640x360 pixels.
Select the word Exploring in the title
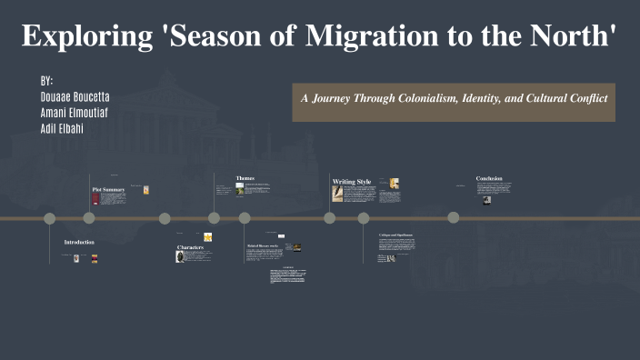tap(85, 36)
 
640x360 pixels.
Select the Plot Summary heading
tap(108, 189)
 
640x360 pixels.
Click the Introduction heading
tap(79, 242)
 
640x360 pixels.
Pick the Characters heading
tap(190, 247)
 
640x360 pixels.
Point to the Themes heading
tap(245, 177)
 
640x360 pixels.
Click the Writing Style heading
tap(352, 182)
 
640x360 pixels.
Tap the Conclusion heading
tap(488, 178)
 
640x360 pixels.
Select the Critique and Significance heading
tap(395, 235)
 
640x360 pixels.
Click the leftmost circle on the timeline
tap(50, 218)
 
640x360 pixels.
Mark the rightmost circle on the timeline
tap(454, 218)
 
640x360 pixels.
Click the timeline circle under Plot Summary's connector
tap(89, 218)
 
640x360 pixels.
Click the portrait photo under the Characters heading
tap(181, 257)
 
